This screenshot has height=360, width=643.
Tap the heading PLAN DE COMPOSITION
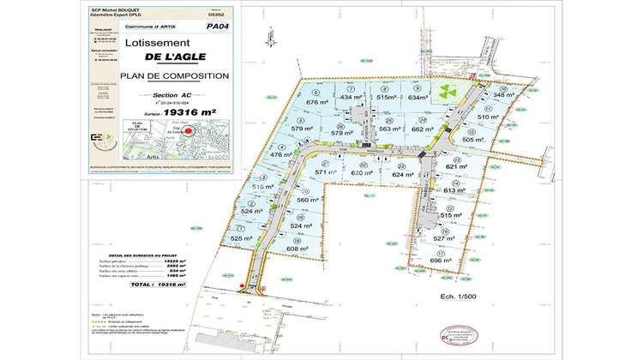tap(175, 76)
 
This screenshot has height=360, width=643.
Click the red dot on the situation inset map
tap(190, 132)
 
